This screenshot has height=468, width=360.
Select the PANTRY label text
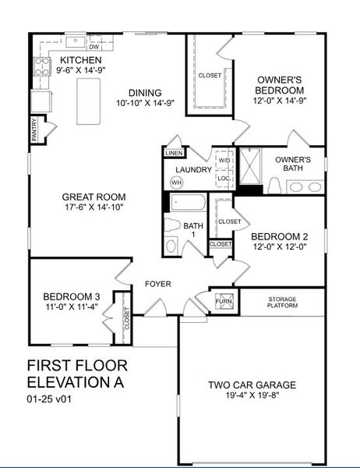pyautogui.click(x=34, y=129)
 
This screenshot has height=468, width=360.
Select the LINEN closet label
pyautogui.click(x=173, y=154)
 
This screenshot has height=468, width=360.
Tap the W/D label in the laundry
pyautogui.click(x=224, y=161)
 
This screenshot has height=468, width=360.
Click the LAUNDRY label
pyautogui.click(x=194, y=169)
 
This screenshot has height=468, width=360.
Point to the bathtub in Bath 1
pyautogui.click(x=187, y=205)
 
